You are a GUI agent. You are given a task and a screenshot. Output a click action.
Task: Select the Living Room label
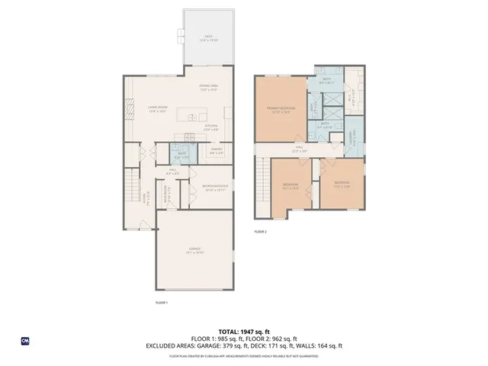pos(156,110)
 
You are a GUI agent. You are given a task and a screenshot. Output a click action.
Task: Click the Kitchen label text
pos(211,127)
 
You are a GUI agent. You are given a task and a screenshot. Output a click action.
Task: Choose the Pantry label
pos(217,151)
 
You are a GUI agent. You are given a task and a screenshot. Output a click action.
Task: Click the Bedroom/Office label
pos(213,188)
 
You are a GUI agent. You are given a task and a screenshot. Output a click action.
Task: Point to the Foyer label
pos(146,201)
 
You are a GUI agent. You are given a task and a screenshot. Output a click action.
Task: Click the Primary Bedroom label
pos(281,110)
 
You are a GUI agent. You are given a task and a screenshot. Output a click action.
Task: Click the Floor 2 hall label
pos(300,150)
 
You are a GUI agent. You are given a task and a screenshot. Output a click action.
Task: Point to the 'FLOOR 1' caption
pos(160,303)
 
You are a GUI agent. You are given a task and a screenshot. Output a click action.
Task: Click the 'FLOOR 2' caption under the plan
pos(260,230)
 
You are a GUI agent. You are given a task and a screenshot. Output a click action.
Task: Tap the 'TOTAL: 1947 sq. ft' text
pos(244,332)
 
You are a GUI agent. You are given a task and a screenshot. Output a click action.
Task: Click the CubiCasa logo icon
pos(24,340)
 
